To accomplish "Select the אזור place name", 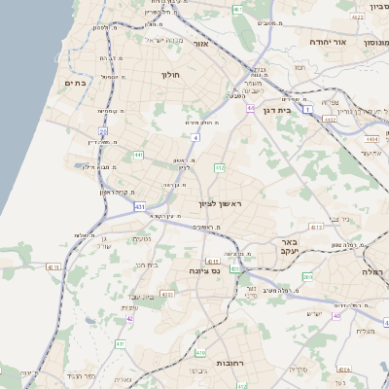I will click(202, 45).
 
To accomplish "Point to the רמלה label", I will click(374, 271).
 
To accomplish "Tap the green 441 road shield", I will click(139, 155).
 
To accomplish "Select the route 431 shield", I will click(140, 206).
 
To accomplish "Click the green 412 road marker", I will click(220, 168).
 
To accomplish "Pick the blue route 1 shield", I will click(308, 110).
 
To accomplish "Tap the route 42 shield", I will click(129, 318).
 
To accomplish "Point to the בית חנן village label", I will click(146, 264).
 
